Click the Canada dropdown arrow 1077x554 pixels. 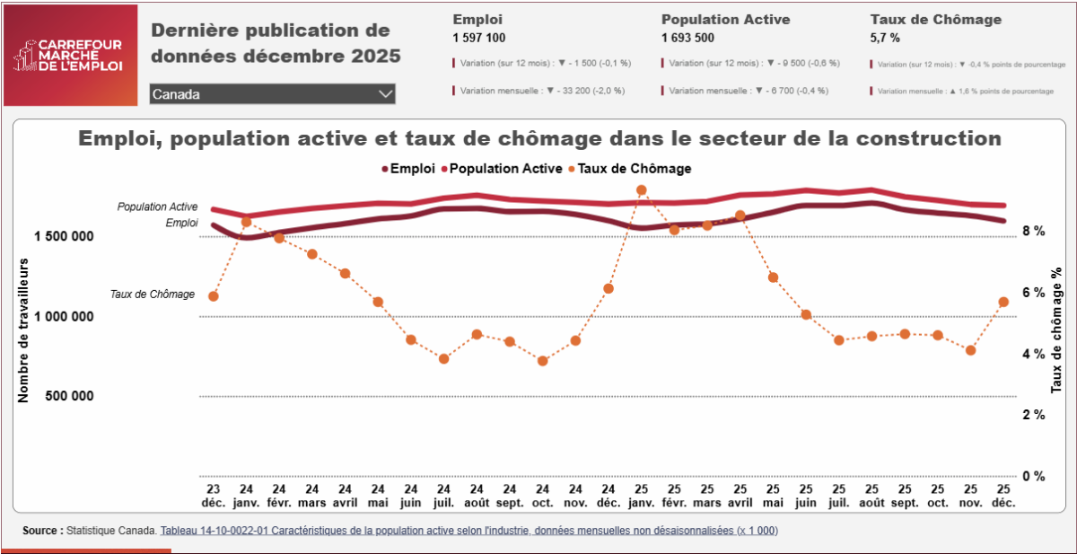click(x=386, y=94)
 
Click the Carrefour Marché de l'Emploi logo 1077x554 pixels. click(x=71, y=56)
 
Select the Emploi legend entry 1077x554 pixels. click(x=409, y=168)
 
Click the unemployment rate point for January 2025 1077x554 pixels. click(x=642, y=190)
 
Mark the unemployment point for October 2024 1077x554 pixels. click(x=542, y=361)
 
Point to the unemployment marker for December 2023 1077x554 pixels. click(x=214, y=296)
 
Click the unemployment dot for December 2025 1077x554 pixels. click(x=1003, y=303)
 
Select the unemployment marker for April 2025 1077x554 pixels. click(x=740, y=215)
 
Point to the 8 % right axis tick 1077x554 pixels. click(x=1033, y=231)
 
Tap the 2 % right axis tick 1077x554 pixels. click(x=1033, y=415)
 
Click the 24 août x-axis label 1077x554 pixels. click(x=477, y=496)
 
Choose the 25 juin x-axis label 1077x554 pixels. click(x=806, y=496)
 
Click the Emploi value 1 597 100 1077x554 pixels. click(x=479, y=38)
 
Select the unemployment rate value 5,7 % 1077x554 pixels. click(x=885, y=38)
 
